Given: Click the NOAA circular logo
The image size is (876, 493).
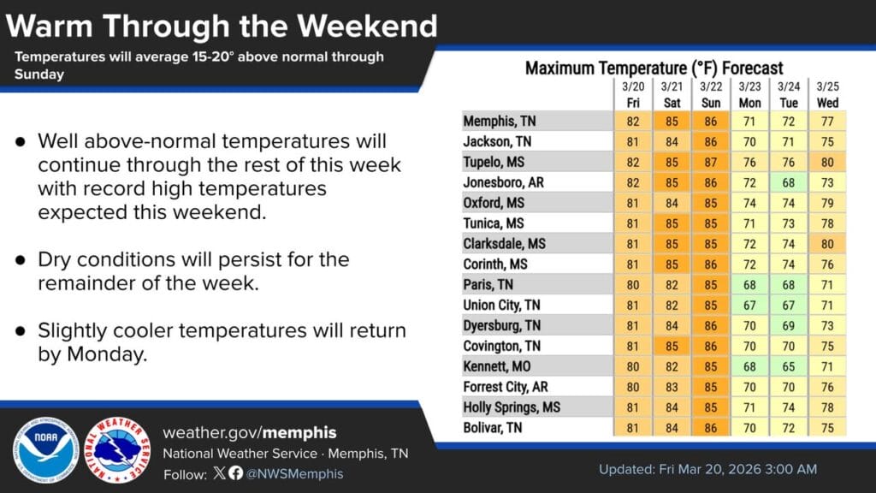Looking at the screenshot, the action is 46,450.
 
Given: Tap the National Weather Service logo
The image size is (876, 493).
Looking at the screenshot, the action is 117,450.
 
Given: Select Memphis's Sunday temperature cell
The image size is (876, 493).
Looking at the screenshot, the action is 711,122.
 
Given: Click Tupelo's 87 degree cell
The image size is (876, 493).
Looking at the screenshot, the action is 711,162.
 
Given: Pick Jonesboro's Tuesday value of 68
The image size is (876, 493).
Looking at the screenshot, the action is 788,183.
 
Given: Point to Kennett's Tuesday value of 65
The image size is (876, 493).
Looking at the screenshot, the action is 788,366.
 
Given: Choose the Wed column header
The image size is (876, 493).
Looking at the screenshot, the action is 827,104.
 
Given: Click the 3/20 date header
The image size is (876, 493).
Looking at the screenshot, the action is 633,86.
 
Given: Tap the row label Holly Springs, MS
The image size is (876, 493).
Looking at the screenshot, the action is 512,407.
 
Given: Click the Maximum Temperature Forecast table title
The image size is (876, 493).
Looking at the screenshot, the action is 654,68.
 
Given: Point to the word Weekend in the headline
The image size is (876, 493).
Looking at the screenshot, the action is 367,26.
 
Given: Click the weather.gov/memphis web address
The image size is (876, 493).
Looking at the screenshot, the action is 250,432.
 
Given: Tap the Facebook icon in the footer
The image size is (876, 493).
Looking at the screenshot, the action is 236,473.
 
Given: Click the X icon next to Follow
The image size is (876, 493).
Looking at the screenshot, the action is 220,473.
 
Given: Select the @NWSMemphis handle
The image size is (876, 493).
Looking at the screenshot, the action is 295,474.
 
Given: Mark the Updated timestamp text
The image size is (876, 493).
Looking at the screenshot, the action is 707,469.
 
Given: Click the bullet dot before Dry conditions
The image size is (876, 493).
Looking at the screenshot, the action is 21,260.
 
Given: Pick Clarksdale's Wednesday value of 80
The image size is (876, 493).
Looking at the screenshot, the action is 827,244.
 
